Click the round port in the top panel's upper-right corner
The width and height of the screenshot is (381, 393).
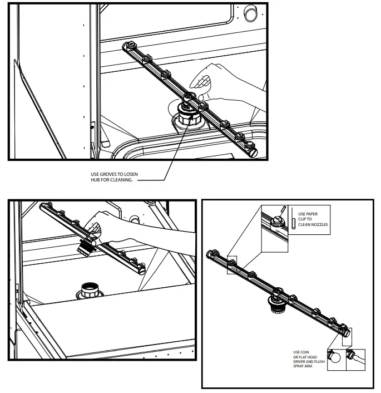point(251,13)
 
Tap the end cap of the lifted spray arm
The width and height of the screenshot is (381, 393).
point(45,207)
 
